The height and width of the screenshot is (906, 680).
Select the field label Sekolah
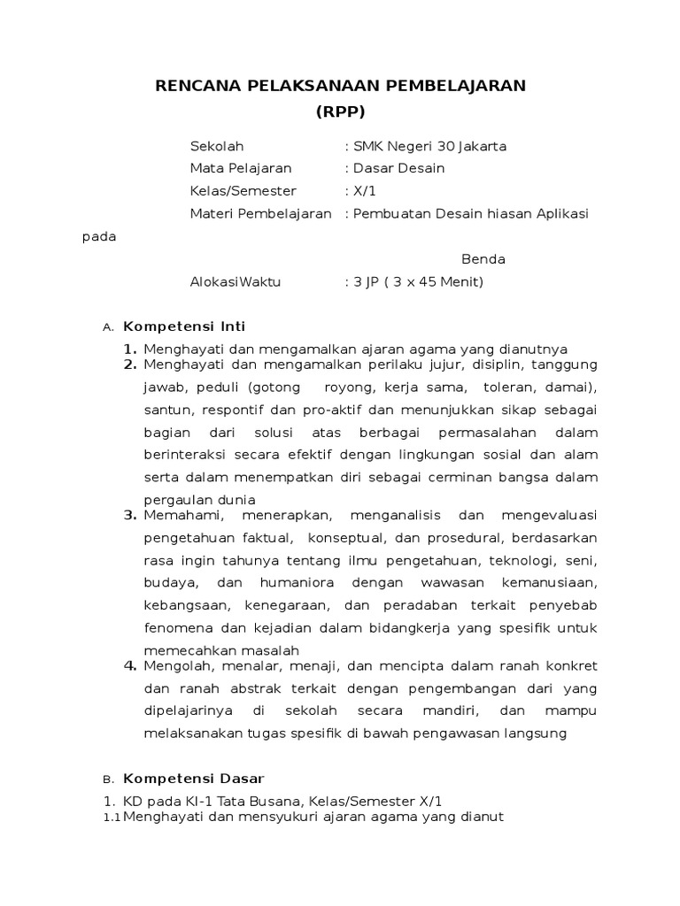(x=217, y=146)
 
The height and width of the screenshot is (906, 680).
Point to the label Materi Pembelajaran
(x=260, y=213)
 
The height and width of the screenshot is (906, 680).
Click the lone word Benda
(x=483, y=259)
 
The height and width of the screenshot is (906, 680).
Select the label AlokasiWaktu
(x=235, y=282)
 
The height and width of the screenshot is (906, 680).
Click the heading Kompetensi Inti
(x=184, y=326)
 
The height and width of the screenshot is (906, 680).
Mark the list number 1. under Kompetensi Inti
(x=129, y=349)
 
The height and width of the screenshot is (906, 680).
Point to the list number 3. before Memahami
(x=129, y=515)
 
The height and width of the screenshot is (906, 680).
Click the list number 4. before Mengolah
(x=129, y=665)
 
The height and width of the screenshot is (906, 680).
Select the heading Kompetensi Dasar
(x=193, y=779)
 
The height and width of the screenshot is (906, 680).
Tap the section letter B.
(x=108, y=780)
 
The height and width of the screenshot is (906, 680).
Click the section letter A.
(x=108, y=327)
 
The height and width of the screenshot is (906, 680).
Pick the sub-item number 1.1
(x=112, y=818)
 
